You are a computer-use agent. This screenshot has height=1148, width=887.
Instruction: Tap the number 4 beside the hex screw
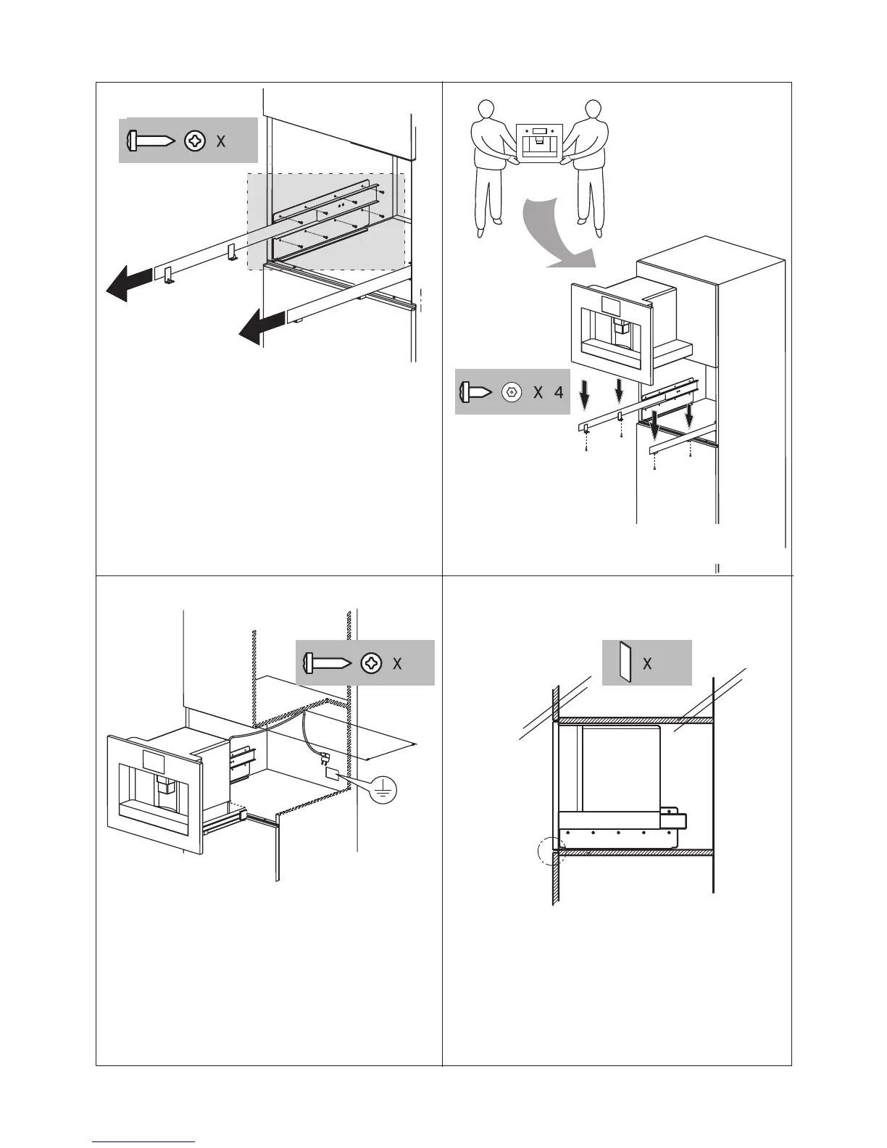point(558,393)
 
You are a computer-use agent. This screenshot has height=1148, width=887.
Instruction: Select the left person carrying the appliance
point(491,165)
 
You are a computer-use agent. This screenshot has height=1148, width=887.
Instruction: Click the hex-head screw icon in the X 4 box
point(512,393)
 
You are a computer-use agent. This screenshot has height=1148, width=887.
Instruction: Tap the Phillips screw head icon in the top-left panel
point(195,141)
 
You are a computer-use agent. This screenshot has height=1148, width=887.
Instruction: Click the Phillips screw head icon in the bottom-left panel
point(372,663)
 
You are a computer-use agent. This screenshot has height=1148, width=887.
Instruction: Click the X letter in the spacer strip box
point(647,663)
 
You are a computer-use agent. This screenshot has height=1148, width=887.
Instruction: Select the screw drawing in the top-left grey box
point(150,141)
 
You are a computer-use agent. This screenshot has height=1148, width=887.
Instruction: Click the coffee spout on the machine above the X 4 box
point(618,330)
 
